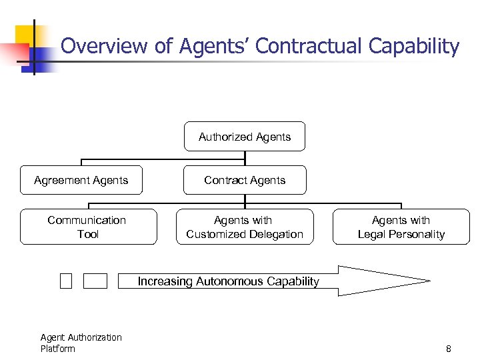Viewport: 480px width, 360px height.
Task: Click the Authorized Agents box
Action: (245, 137)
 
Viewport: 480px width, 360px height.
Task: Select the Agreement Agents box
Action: (81, 180)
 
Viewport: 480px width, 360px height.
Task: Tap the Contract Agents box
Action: (245, 180)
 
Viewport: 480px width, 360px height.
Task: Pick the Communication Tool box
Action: (88, 227)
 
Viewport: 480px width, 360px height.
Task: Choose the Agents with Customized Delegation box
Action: (245, 227)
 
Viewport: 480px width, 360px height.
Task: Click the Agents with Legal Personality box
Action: (401, 227)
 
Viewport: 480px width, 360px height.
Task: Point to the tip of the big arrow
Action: (428, 281)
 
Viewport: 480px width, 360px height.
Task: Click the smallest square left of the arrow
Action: (65, 281)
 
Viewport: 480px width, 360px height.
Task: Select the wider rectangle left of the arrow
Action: (95, 281)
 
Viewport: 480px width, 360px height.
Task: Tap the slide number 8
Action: (449, 349)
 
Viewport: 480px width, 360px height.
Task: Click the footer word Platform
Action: (57, 349)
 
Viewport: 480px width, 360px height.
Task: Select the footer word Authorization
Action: (94, 337)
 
